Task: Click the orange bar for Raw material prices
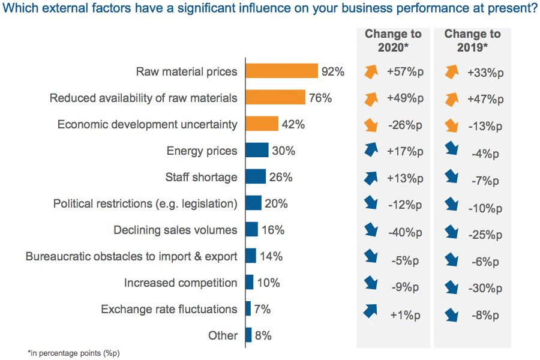282,71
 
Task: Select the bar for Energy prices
257,150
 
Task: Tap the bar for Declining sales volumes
252,229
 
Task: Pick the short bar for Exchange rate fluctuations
248,308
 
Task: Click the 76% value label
320,98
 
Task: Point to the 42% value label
293,124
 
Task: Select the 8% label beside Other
263,335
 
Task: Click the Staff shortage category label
201,177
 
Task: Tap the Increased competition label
181,283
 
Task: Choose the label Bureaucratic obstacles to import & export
131,256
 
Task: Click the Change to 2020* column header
393,40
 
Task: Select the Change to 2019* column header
472,40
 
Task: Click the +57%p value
405,71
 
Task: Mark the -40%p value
405,232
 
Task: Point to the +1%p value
405,315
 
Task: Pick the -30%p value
485,288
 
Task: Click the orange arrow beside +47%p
451,99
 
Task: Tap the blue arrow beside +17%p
371,149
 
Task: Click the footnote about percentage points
73,353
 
